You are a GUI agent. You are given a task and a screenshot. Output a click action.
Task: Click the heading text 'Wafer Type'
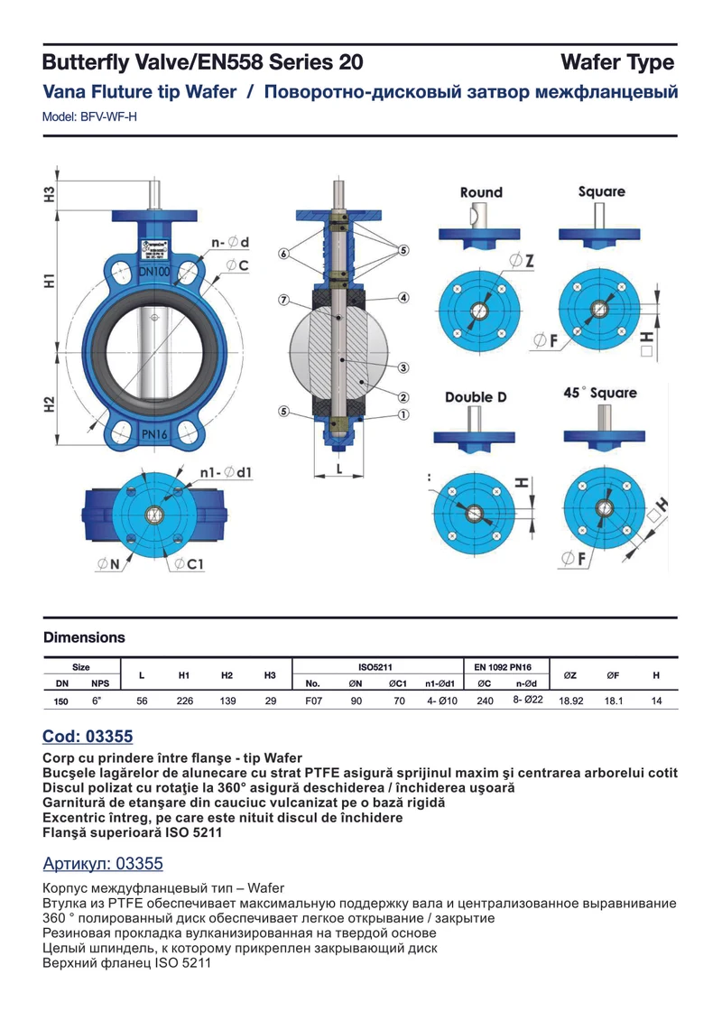point(617,62)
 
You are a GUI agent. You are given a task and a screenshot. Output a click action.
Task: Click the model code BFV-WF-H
point(108,117)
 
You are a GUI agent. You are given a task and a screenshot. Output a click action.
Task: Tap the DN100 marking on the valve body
point(153,271)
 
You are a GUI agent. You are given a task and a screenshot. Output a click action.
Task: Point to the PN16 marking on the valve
point(154,433)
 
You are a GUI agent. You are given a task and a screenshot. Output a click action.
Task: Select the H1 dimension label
point(50,282)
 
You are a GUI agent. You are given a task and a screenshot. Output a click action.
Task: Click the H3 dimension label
point(50,194)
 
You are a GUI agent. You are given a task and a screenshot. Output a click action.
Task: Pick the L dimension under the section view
point(339,469)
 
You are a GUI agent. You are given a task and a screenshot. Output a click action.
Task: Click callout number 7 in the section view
point(283,301)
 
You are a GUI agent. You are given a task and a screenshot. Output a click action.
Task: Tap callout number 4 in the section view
point(403,298)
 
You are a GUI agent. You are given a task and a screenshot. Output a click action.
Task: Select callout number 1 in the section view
point(403,414)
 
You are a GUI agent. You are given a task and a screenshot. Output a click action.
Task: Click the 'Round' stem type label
point(481,192)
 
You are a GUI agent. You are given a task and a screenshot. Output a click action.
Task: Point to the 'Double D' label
point(476,396)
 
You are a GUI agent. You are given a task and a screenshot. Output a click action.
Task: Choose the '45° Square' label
point(600,393)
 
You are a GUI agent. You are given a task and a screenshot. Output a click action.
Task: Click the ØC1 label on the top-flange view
point(189,564)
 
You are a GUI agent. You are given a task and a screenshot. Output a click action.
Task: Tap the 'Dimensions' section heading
point(84,637)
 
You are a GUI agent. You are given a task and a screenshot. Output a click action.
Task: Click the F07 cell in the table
point(313,701)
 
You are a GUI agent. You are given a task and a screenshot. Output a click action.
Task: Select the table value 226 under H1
point(185,701)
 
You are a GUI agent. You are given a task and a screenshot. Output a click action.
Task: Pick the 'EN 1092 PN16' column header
point(503,667)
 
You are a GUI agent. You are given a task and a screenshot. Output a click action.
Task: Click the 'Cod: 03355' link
point(88,737)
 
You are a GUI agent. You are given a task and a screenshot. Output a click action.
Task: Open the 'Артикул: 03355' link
point(103,863)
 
